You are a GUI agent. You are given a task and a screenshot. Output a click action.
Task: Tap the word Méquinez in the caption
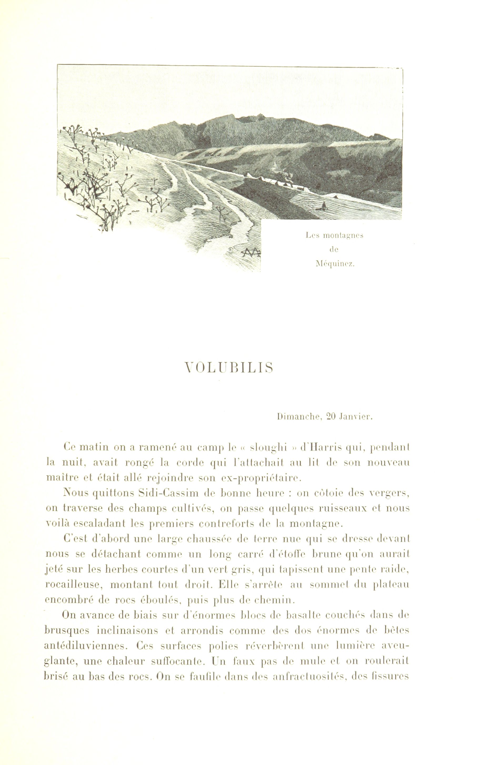(x=334, y=264)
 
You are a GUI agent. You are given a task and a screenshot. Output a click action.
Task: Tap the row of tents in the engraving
(x=279, y=184)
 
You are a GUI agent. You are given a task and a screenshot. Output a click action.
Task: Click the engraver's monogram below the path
(x=251, y=252)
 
